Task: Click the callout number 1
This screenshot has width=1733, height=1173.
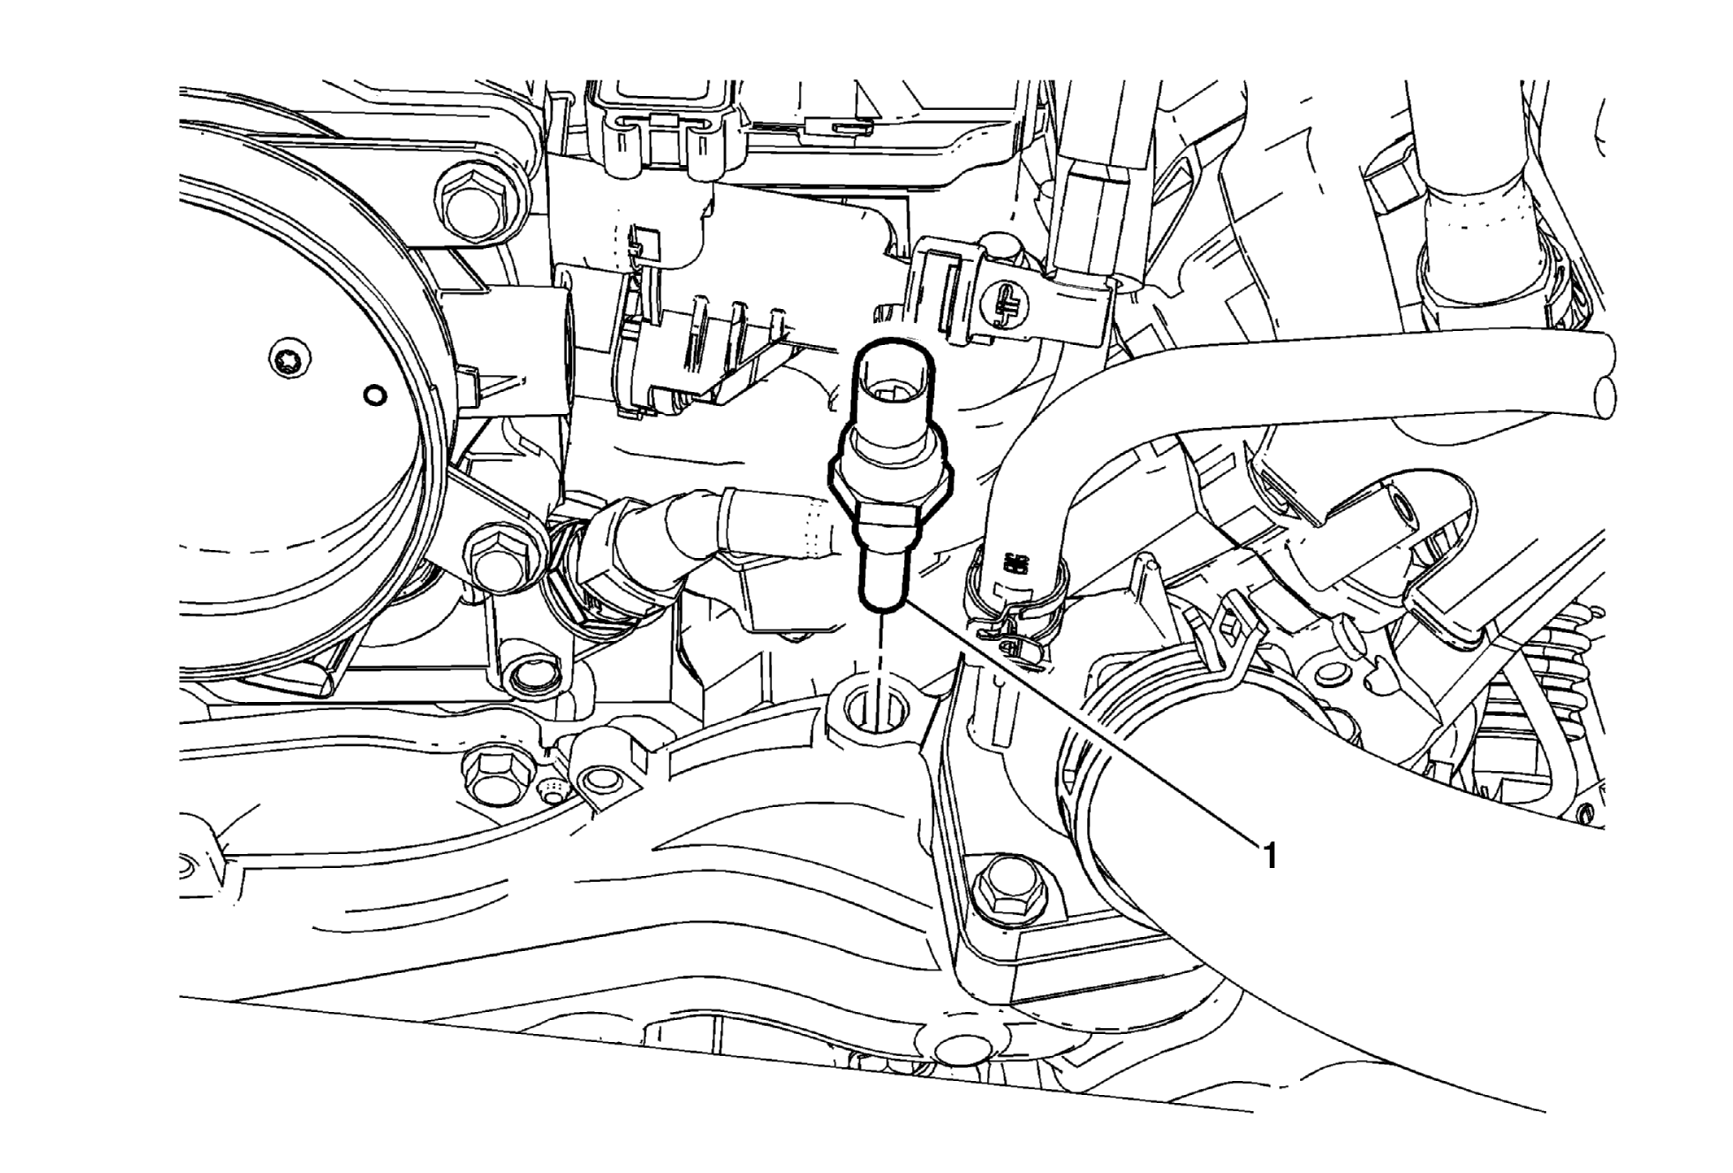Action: coord(1268,855)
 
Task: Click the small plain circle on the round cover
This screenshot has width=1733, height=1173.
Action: coord(376,396)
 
